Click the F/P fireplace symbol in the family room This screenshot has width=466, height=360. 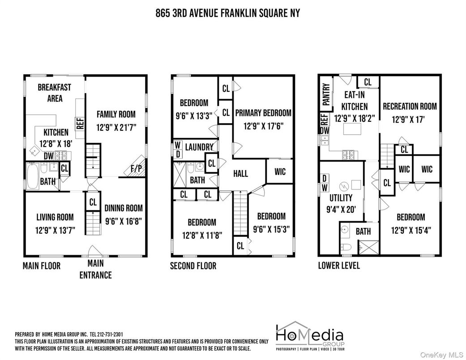click(136, 167)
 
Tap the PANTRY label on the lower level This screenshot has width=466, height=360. click(326, 94)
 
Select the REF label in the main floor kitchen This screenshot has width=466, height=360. click(80, 124)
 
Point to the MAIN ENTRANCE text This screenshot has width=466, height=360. click(95, 269)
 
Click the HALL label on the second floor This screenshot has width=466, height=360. click(240, 174)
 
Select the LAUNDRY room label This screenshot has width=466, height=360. click(199, 147)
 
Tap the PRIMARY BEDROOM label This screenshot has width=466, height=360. click(263, 113)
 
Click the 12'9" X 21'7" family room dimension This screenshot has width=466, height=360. click(116, 128)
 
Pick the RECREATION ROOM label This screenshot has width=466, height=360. click(410, 107)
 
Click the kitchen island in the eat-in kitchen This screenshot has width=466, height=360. click(352, 129)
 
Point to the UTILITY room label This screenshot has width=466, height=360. click(341, 198)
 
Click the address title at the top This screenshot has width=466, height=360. click(228, 13)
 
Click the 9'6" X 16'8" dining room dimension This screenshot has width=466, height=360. click(124, 221)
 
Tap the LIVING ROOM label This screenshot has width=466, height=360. click(55, 217)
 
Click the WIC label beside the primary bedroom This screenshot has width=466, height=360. click(280, 171)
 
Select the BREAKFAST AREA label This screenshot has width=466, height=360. click(55, 93)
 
